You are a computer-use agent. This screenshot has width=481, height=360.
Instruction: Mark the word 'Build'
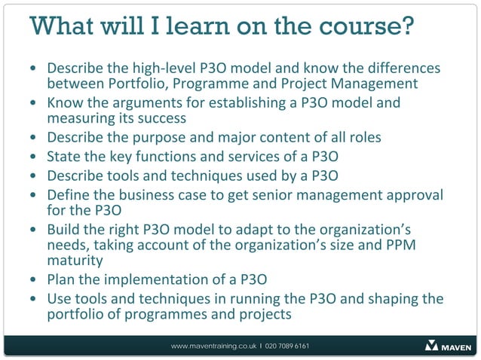(x=64, y=229)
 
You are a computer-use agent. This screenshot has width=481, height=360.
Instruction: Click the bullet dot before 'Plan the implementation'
(x=32, y=280)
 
